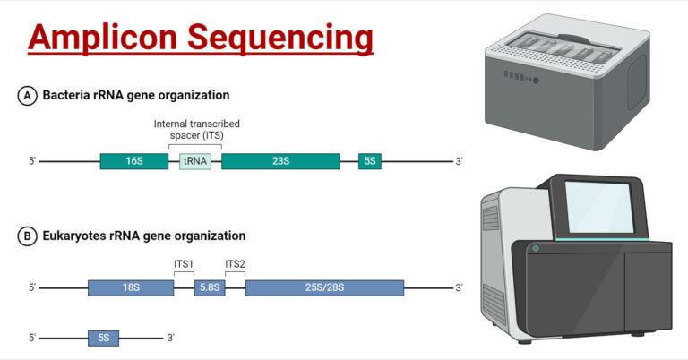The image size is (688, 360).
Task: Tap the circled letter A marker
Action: [x=27, y=96]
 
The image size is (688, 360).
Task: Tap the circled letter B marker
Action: [x=27, y=236]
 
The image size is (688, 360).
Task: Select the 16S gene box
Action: [x=133, y=161]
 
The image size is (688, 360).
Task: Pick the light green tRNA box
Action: [x=195, y=161]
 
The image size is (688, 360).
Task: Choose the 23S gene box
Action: [x=280, y=161]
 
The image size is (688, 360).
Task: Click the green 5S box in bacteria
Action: [x=370, y=161]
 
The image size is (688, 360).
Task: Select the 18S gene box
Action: [x=131, y=287]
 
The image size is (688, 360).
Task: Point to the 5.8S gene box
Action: [x=210, y=287]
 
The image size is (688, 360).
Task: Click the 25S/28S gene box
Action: [x=324, y=287]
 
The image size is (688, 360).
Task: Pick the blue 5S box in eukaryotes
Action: [x=103, y=338]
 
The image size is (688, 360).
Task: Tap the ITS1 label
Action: [x=184, y=262]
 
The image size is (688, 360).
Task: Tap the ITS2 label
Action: [x=236, y=262]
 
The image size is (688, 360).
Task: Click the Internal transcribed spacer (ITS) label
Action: [x=196, y=129]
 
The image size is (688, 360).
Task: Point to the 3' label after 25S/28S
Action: [x=459, y=287]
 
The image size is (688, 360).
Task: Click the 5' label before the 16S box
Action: [x=32, y=161]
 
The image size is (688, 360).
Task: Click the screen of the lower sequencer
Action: [x=598, y=210]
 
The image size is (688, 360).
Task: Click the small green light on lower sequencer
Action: [x=536, y=248]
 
